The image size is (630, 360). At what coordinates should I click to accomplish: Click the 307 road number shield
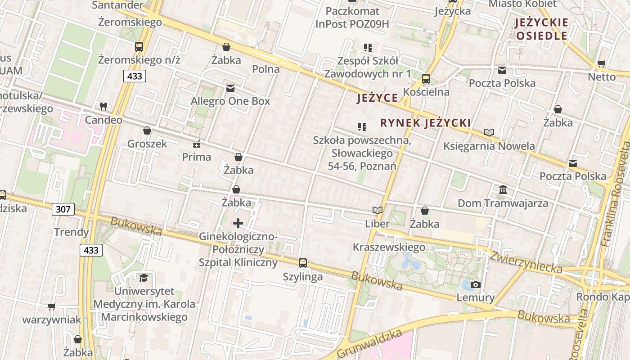[x=63, y=209]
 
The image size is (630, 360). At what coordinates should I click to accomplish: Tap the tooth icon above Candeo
[x=103, y=107]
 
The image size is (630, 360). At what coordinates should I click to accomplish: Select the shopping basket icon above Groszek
[x=147, y=131]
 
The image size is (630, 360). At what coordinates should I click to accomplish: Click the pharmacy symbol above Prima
[x=197, y=144]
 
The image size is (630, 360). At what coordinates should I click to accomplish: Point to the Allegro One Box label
[x=230, y=101]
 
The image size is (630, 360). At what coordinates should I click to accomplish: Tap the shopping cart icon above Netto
[x=601, y=64]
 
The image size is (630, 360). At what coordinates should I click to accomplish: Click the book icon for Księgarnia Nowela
[x=489, y=133]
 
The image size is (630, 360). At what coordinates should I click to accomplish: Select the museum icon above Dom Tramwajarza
[x=503, y=190]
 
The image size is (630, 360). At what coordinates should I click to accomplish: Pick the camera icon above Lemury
[x=475, y=284]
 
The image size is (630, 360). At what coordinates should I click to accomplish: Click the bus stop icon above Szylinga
[x=303, y=263]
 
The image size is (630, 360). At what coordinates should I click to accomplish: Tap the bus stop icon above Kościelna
[x=426, y=79]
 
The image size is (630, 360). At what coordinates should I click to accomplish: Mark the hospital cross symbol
[x=238, y=223]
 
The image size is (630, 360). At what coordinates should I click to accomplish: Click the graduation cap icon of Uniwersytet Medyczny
[x=144, y=278]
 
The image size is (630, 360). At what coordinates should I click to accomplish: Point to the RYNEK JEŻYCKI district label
[x=425, y=123]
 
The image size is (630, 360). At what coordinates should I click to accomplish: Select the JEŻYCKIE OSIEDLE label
[x=542, y=29]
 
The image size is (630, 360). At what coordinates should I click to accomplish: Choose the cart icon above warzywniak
[x=52, y=307]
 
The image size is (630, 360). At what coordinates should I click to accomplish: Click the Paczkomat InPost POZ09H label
[x=352, y=18]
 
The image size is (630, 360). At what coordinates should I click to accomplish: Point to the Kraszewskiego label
[x=389, y=247]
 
